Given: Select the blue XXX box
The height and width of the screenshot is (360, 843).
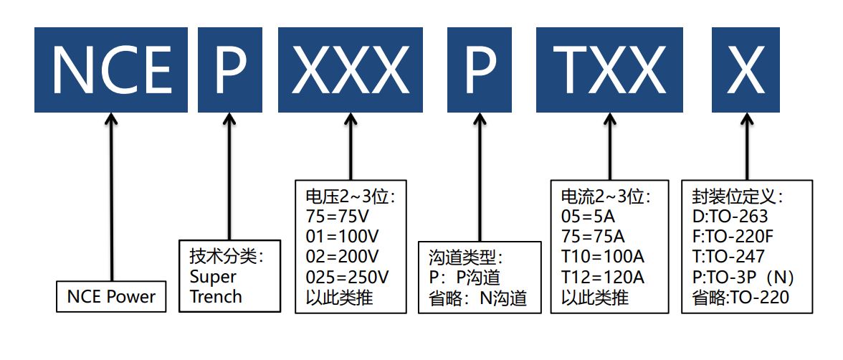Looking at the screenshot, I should [x=351, y=70].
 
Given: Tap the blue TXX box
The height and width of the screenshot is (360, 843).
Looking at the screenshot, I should [x=610, y=70].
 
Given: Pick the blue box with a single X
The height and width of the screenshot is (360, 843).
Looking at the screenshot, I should [x=746, y=70].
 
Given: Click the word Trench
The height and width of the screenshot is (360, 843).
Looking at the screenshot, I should [x=216, y=296].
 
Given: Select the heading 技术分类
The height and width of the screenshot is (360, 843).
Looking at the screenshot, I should [x=227, y=257].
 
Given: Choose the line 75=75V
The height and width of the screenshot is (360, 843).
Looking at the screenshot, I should [x=336, y=217].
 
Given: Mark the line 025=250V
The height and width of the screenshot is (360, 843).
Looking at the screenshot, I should [x=347, y=277].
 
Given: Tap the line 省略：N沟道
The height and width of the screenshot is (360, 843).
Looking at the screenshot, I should [x=479, y=297].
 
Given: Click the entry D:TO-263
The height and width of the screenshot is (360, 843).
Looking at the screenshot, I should [x=730, y=217].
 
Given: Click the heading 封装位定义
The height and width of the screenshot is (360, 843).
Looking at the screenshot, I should [x=738, y=196].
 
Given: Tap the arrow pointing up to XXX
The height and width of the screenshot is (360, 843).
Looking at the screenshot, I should [x=351, y=147].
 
